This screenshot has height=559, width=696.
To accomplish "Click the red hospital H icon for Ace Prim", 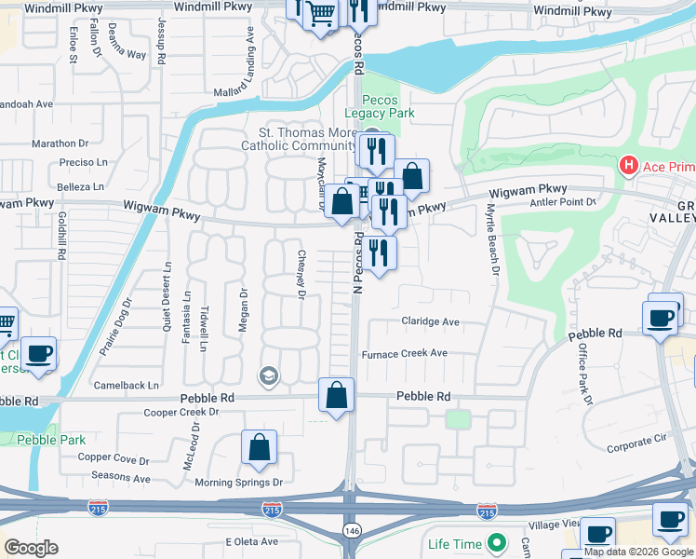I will [x=629, y=166].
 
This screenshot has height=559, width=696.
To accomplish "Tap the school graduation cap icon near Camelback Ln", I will [x=269, y=375].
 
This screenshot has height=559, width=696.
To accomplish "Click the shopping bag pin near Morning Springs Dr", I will [x=260, y=447].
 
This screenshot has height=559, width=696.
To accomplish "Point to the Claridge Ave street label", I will [x=431, y=321].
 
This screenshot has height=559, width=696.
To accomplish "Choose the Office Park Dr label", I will [x=584, y=373].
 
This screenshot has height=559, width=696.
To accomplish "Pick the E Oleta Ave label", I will [x=251, y=541].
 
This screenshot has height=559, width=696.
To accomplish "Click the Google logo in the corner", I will [x=31, y=548].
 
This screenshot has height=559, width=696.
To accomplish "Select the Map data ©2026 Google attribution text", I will [x=638, y=552].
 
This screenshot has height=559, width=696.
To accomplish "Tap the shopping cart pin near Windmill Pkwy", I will [x=320, y=15].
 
